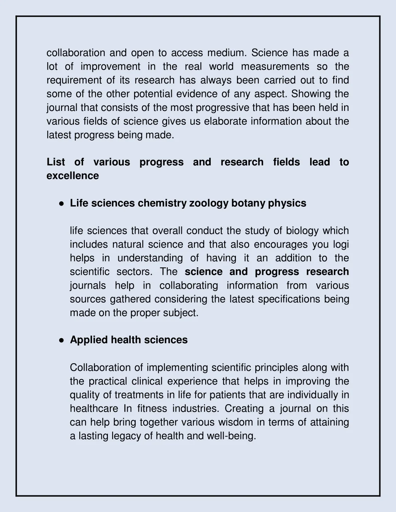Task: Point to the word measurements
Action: pos(275,66)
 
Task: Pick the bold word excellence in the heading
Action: pos(73,176)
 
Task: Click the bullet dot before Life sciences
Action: pos(61,204)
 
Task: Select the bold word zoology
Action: pos(209,204)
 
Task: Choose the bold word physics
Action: pos(287,204)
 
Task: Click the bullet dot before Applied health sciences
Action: pos(61,340)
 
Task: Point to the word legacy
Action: pos(126,436)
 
